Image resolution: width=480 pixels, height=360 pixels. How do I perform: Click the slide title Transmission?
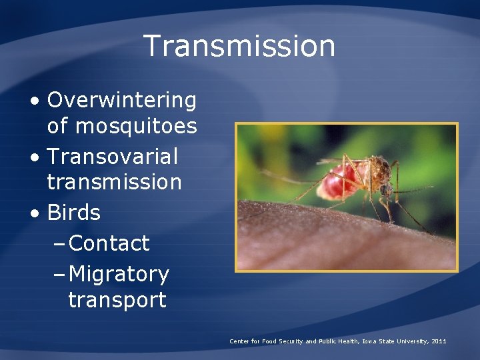click(239, 46)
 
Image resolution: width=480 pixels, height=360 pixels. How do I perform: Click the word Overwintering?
click(122, 101)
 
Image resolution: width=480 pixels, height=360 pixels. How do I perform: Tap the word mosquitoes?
click(137, 125)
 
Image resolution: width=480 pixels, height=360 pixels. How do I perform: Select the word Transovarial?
click(113, 157)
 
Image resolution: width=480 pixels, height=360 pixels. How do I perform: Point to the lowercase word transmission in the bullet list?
click(114, 181)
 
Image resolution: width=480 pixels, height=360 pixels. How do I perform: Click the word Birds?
click(74, 213)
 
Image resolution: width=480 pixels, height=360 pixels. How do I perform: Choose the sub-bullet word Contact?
click(109, 243)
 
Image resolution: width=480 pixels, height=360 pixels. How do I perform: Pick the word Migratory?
click(119, 274)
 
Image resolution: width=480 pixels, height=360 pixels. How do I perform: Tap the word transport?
click(117, 299)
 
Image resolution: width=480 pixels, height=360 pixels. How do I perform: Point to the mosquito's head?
click(385, 189)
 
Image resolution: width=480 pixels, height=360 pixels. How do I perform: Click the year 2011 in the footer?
click(439, 341)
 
